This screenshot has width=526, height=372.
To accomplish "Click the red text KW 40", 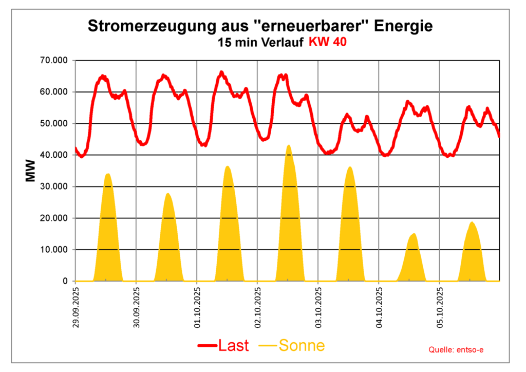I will tap(327, 42).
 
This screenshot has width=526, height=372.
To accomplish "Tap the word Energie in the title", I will tap(402, 26).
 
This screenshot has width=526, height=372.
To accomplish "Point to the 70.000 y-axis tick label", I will tap(53, 60).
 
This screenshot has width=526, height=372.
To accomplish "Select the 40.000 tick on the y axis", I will tap(53, 155).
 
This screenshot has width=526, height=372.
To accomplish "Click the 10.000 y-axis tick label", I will tap(53, 250).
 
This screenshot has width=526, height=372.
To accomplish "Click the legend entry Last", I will tap(223, 346).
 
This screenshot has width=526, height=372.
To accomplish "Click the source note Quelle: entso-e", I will tap(456, 350).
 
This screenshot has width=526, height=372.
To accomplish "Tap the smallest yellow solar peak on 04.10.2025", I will tap(414, 234).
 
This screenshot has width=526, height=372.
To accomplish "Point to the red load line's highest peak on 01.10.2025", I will tap(221, 72).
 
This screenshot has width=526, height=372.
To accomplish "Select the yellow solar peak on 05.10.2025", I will tap(472, 223).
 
